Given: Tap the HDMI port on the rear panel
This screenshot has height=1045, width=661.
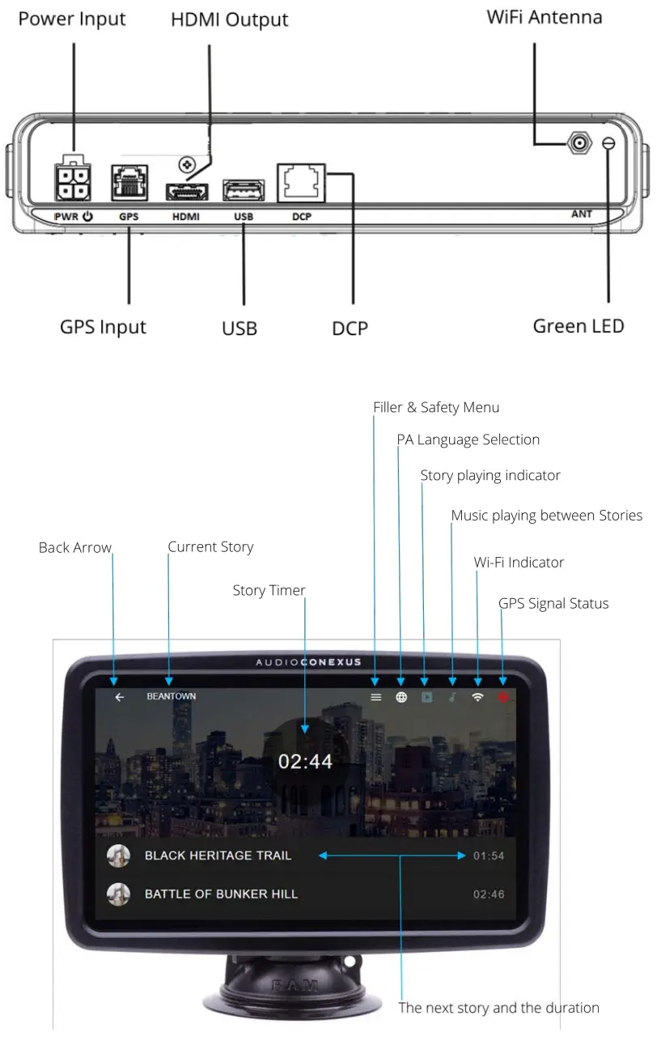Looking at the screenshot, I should click(x=187, y=191).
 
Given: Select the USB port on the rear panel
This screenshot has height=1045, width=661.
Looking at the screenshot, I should click(x=243, y=191).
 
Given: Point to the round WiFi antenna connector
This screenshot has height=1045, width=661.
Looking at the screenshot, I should click(x=578, y=145).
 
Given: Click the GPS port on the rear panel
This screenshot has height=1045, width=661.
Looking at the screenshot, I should click(x=129, y=182).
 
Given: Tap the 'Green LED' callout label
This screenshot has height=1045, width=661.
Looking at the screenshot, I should click(x=578, y=326).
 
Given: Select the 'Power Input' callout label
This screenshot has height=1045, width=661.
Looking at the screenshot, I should click(x=72, y=19).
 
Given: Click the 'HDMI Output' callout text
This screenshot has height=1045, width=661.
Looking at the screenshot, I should click(x=229, y=19).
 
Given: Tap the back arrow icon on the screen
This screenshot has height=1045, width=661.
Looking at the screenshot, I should click(x=120, y=697).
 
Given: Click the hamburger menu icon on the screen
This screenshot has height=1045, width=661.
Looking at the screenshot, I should click(x=375, y=697).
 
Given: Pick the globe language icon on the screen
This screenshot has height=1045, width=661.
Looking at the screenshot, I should click(x=401, y=697).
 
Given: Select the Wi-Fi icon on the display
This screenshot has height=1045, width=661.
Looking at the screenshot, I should click(x=477, y=697).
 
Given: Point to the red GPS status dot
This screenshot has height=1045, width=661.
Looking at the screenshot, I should click(x=503, y=697).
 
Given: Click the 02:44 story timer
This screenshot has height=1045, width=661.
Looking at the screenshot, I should click(x=305, y=761).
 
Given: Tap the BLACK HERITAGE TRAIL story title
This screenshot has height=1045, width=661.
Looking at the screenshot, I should click(x=218, y=856).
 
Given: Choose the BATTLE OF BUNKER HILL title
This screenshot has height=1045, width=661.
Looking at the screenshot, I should click(x=221, y=894).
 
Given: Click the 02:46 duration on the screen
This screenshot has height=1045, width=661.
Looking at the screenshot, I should click(x=489, y=894).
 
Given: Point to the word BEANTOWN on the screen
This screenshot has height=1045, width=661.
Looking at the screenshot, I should click(x=171, y=696).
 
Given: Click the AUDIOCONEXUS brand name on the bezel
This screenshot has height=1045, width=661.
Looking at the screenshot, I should click(x=308, y=663).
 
